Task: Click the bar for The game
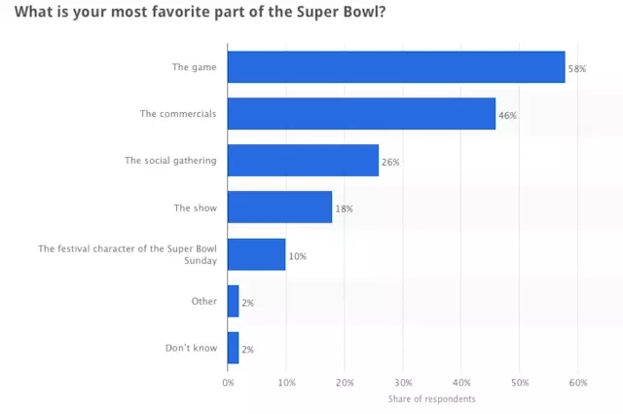[x=396, y=67]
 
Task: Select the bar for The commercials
[x=361, y=114]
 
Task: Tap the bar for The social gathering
[x=303, y=161]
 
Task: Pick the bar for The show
[x=279, y=207]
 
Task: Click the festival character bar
[x=256, y=254]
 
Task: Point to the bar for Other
[x=233, y=301]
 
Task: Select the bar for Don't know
[x=233, y=348]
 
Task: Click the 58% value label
[x=575, y=69]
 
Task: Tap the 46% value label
[x=506, y=116]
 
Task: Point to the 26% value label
[x=389, y=163]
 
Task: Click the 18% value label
[x=343, y=209]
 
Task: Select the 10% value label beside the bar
[x=297, y=256]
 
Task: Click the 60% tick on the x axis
[x=578, y=382]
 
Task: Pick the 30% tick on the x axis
[x=403, y=382]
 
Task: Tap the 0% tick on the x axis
[x=228, y=382]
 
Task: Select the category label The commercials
[x=178, y=114]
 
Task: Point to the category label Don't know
[x=193, y=348]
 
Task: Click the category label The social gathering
[x=170, y=161]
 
